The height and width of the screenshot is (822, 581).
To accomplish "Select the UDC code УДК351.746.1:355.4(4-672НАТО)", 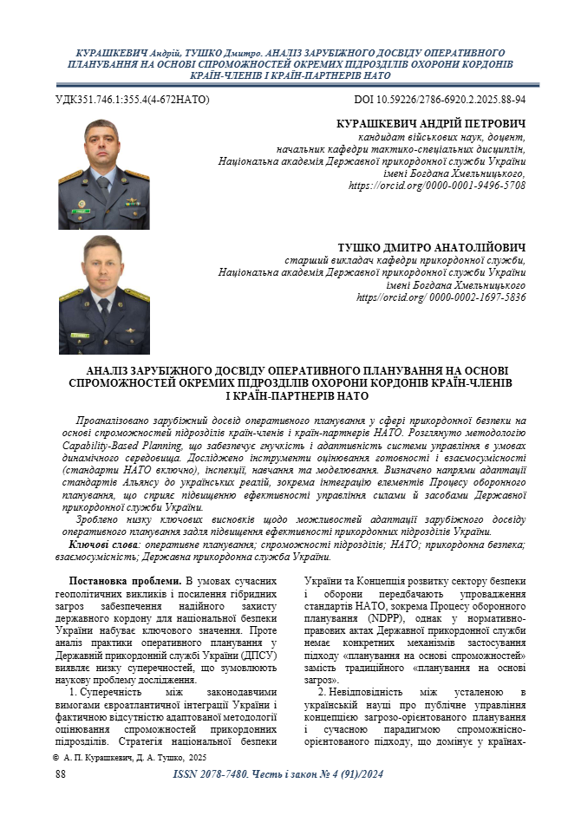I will pos(133,100).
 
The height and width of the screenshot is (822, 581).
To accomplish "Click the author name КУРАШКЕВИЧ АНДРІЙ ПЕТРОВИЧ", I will pos(430,124).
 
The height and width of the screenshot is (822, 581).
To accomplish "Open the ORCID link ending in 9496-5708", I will pos(436,186).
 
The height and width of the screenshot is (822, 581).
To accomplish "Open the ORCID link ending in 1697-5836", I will pos(441,297).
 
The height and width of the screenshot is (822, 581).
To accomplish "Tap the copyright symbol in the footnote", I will pos(57,758).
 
